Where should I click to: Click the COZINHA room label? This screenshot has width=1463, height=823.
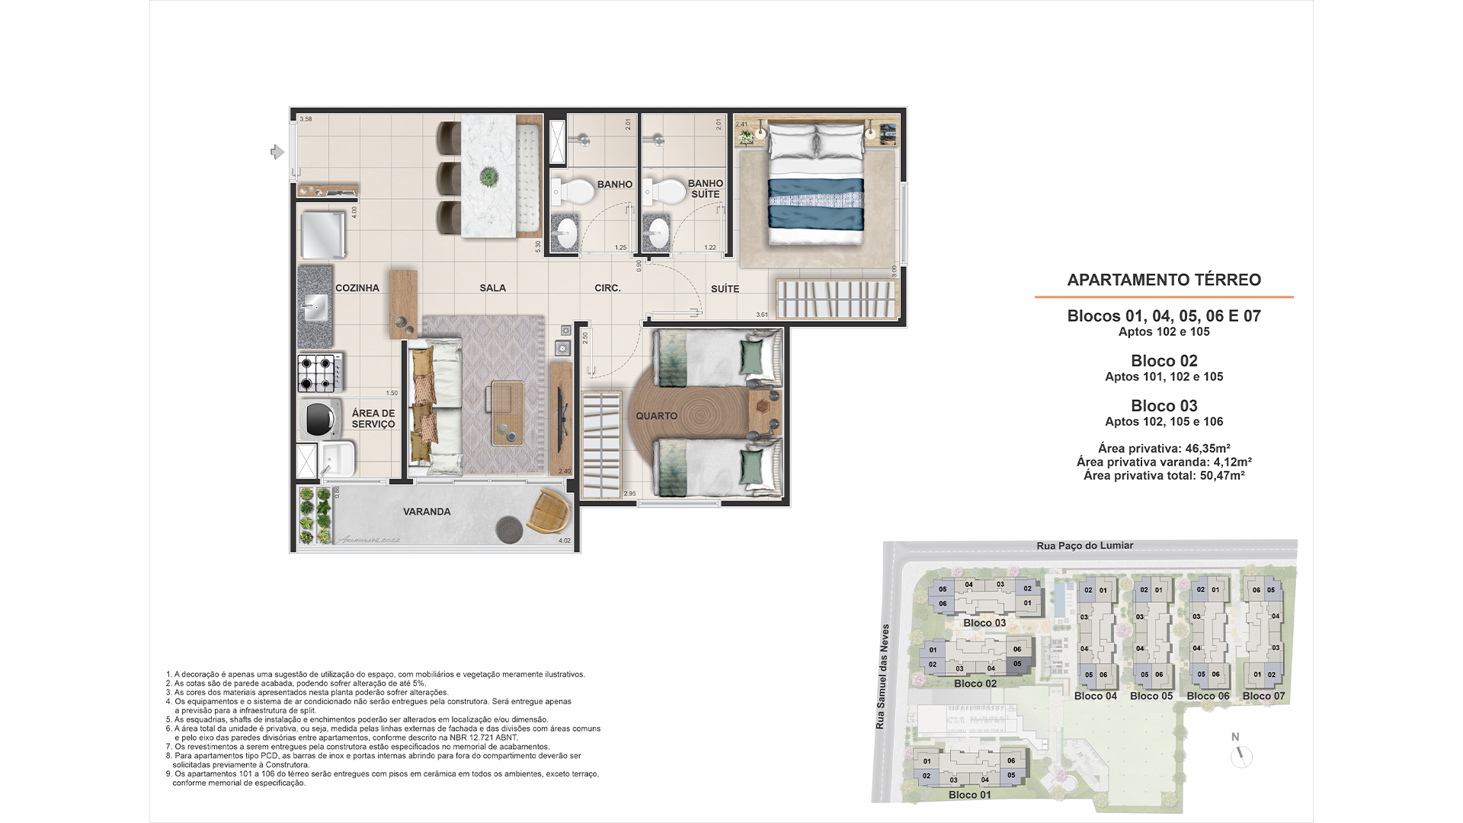tap(357, 288)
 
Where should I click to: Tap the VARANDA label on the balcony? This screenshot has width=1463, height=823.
tap(427, 511)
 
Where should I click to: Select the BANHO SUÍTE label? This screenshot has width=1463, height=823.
tap(705, 188)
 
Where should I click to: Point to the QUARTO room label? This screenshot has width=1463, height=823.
tap(656, 415)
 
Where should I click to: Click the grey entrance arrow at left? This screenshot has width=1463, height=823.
tap(277, 152)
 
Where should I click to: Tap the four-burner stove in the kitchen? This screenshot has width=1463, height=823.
tap(319, 373)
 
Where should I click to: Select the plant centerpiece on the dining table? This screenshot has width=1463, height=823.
tap(488, 178)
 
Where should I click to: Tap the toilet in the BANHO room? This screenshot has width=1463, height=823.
tap(576, 191)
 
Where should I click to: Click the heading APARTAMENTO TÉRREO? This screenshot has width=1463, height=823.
tap(1164, 280)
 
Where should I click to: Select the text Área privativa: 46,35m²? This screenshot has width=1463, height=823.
tap(1164, 448)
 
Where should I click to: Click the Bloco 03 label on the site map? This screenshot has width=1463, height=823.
tap(984, 623)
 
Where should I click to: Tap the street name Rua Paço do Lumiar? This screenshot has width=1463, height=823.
tap(1084, 546)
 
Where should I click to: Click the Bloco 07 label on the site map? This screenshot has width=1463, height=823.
tap(1263, 696)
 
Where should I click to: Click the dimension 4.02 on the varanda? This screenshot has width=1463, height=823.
tap(565, 541)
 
